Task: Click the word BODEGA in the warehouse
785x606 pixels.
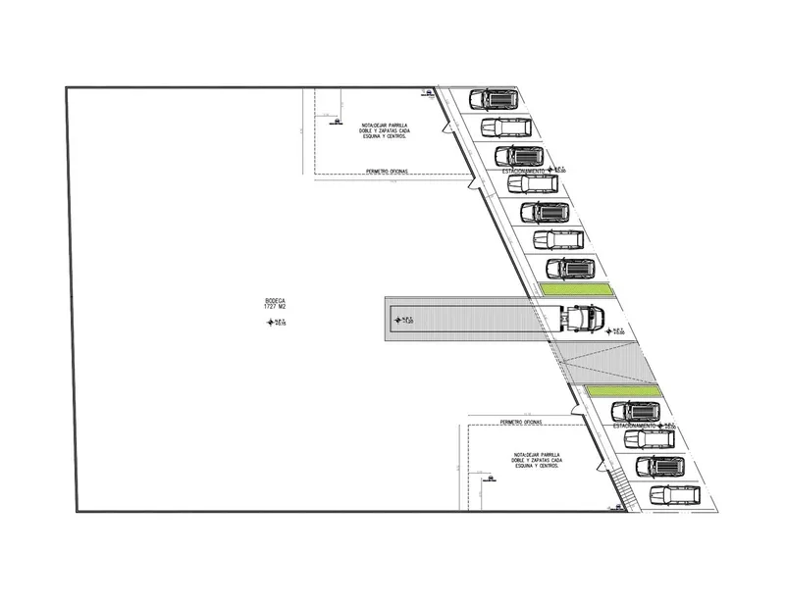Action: coord(275,301)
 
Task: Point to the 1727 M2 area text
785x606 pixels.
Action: coord(275,308)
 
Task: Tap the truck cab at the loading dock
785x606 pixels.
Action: coord(586,317)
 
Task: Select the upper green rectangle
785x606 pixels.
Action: coord(574,289)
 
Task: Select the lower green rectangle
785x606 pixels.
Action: coord(624,391)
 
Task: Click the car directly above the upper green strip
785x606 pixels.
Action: coord(570,268)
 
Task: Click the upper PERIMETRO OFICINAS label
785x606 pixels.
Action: coord(387,171)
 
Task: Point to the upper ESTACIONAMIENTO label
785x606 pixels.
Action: coord(526,171)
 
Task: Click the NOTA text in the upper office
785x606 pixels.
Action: coord(384,131)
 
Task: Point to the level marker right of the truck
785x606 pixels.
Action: coord(616,332)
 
